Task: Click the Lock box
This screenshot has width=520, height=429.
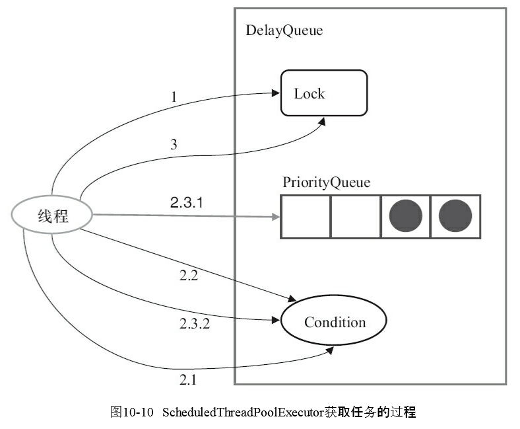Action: pos(323,93)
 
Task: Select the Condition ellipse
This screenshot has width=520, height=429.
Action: pos(334,323)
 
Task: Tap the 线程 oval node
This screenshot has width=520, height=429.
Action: pos(53,215)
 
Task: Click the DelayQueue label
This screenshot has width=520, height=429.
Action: pos(284,30)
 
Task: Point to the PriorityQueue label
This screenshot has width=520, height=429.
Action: pos(326,182)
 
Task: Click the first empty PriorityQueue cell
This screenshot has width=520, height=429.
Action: pos(306,216)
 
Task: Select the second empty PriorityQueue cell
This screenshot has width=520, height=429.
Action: pos(355,216)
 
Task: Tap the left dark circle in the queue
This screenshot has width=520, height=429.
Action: pos(405,216)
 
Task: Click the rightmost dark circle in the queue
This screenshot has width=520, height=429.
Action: pos(455,216)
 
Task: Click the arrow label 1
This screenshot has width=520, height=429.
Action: pos(174,98)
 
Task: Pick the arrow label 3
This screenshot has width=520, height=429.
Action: pos(174,145)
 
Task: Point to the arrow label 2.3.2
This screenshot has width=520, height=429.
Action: pos(194,324)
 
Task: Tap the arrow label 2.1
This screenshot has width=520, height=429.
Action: pos(187,379)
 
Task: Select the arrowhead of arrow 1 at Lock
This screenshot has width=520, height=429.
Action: pos(276,93)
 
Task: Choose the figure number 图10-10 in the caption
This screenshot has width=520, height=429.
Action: pos(131,412)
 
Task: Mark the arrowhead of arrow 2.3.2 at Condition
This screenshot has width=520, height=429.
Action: pos(276,321)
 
